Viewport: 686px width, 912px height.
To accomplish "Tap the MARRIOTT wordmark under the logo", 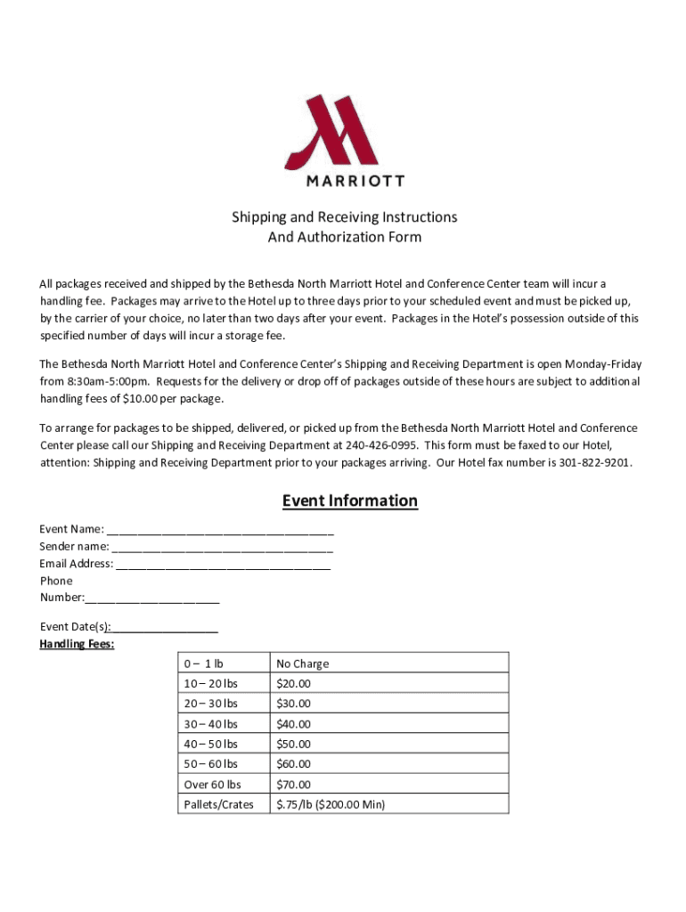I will (355, 181).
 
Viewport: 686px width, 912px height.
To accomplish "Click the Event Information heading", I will (349, 501).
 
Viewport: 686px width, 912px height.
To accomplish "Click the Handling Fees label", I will (77, 644).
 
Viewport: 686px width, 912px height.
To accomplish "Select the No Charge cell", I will (302, 664).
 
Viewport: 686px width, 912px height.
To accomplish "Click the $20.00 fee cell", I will (293, 684).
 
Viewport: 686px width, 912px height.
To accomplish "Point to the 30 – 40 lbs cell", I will (210, 724).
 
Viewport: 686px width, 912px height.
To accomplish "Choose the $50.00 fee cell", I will (293, 744).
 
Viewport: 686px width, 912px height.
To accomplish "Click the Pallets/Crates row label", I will (218, 804).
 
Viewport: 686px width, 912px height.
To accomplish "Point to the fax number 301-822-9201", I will (594, 462).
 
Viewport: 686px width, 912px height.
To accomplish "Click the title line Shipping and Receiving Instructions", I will (345, 217).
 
